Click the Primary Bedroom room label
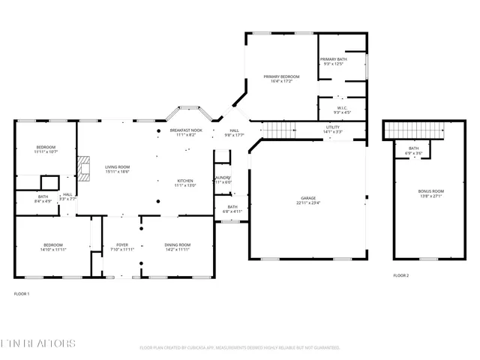coord(281,76)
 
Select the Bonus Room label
coord(430,191)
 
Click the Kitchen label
coord(185,181)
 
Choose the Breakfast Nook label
coord(183,130)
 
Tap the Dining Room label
coord(178,245)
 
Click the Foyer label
coord(121,245)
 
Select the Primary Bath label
coord(332,59)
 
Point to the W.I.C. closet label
coord(342,108)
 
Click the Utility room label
coord(332,128)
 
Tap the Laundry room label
coord(223,178)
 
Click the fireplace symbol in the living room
coord(85,166)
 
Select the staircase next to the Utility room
coord(282,130)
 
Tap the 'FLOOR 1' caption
coord(22,294)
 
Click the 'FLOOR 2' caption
coord(401,275)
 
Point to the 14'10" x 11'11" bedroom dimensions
coord(52,249)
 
